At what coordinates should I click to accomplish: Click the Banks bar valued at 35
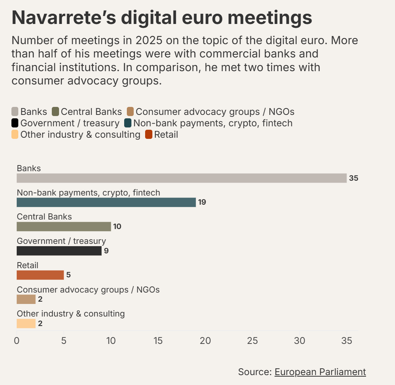pos(181,178)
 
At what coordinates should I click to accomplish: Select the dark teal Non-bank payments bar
pos(106,202)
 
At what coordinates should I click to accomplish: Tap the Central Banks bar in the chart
pos(64,227)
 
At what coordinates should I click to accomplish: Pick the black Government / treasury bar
pos(59,251)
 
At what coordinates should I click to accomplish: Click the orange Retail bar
pos(40,275)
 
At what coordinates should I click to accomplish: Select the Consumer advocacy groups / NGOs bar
pos(26,299)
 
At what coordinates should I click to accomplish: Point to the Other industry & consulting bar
pos(26,324)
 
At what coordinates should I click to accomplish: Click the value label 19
pos(202,202)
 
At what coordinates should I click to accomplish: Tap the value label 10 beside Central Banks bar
pos(117,227)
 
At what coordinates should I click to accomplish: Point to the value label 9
pos(106,251)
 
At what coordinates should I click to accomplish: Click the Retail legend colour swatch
pos(149,134)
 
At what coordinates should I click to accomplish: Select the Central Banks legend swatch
pos(55,111)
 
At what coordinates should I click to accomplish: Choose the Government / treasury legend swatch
pos(15,123)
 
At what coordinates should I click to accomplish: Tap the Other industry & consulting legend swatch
pos(15,134)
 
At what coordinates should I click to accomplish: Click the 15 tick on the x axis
pos(158,341)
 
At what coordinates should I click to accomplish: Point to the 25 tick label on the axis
pos(253,341)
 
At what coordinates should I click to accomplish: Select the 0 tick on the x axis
pos(17,341)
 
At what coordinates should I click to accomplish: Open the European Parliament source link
pos(320,372)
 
